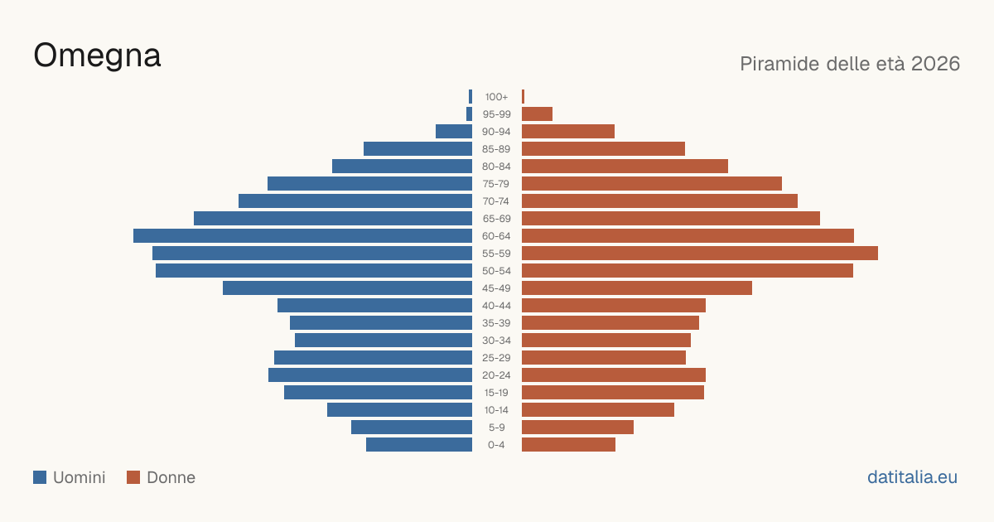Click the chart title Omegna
coord(97,56)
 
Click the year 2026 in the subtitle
coord(935,64)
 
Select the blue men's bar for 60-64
coord(302,235)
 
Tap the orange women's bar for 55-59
coord(700,253)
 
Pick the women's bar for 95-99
coord(537,114)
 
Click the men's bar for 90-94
coord(454,132)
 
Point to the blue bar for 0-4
coord(419,444)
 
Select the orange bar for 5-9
coord(578,427)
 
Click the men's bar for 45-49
coord(347,288)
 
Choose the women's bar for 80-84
coord(625,166)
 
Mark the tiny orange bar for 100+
coord(524,97)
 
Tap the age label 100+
coord(496,97)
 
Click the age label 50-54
coord(496,271)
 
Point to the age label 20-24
coord(496,375)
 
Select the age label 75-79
coord(496,184)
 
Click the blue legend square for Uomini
coord(40,477)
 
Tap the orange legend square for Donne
coord(133,477)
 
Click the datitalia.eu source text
coord(912,477)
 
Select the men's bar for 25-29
coord(374,357)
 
